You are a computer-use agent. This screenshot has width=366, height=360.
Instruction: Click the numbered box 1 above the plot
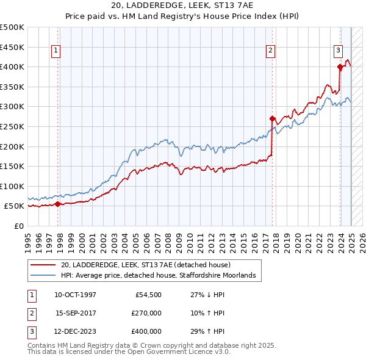click(x=56, y=51)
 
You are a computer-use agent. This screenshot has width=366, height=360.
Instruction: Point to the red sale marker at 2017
click(x=273, y=118)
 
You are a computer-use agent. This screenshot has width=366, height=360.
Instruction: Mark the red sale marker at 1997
click(x=57, y=204)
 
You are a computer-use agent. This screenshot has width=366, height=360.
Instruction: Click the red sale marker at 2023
click(x=340, y=67)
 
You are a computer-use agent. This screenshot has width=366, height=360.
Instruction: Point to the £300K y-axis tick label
click(x=12, y=106)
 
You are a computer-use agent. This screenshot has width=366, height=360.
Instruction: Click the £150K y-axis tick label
click(x=12, y=166)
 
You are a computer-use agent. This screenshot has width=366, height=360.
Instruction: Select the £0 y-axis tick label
click(x=18, y=226)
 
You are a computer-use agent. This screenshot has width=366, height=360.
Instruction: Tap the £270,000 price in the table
click(x=146, y=313)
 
